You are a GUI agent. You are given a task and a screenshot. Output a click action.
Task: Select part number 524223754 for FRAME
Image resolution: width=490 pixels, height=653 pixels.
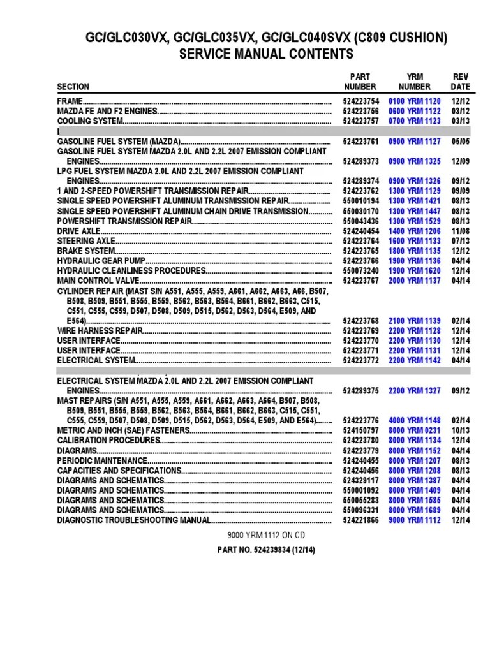pyautogui.click(x=360, y=101)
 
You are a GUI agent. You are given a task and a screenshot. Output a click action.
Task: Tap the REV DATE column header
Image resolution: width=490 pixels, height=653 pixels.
pyautogui.click(x=460, y=82)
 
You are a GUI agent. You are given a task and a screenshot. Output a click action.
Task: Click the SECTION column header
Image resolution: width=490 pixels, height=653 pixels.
pyautogui.click(x=73, y=87)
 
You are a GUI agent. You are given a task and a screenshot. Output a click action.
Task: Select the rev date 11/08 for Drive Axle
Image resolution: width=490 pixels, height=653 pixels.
pyautogui.click(x=460, y=231)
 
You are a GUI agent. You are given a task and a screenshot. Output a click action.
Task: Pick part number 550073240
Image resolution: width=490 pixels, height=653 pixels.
pyautogui.click(x=360, y=271)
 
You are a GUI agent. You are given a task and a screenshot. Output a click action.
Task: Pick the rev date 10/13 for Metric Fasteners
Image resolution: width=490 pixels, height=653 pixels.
pyautogui.click(x=460, y=430)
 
